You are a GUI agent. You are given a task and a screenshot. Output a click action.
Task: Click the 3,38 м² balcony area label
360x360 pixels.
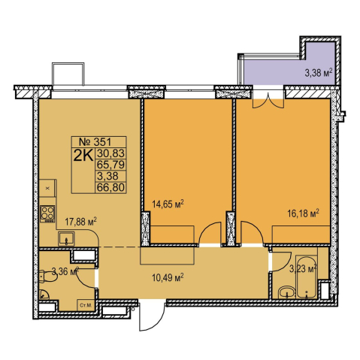pyautogui.click(x=319, y=73)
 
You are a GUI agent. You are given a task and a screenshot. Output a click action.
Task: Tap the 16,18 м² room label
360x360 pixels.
pyautogui.click(x=303, y=213)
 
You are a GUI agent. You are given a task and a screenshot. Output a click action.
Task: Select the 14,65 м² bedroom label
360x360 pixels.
pyautogui.click(x=168, y=204)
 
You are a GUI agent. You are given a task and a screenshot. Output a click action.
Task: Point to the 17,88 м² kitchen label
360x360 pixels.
pyautogui.click(x=81, y=222)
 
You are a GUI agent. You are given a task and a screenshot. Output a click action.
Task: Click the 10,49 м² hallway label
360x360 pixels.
pyautogui.click(x=168, y=277)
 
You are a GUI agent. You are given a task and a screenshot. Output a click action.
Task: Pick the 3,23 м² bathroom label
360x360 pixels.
pyautogui.click(x=303, y=270)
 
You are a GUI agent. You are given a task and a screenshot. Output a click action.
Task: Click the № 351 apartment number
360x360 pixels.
pyautogui.click(x=95, y=142)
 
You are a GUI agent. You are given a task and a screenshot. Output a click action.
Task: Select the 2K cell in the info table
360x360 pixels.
pyautogui.click(x=83, y=156)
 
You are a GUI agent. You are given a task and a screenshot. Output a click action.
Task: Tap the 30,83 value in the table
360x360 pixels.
pyautogui.click(x=110, y=153)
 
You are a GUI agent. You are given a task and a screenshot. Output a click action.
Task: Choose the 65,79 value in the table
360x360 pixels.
pyautogui.click(x=110, y=165)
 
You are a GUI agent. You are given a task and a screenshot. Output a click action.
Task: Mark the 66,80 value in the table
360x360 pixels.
pyautogui.click(x=110, y=187)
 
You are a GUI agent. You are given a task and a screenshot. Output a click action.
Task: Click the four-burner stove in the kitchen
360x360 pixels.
pyautogui.click(x=47, y=213)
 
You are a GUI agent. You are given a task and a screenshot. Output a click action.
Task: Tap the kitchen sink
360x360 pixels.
pyautogui.click(x=66, y=238)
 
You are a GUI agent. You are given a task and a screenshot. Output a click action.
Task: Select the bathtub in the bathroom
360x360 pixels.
pyautogui.click(x=307, y=277)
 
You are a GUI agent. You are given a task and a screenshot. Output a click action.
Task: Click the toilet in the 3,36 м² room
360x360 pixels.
pyautogui.click(x=47, y=277)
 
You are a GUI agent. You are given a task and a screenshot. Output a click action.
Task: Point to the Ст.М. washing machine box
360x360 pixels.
pyautogui.click(x=85, y=305)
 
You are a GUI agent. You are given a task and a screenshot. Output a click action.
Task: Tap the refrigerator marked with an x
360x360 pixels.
pyautogui.click(x=47, y=188)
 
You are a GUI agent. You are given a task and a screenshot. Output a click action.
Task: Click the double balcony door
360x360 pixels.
pyautogui.click(x=268, y=101)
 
